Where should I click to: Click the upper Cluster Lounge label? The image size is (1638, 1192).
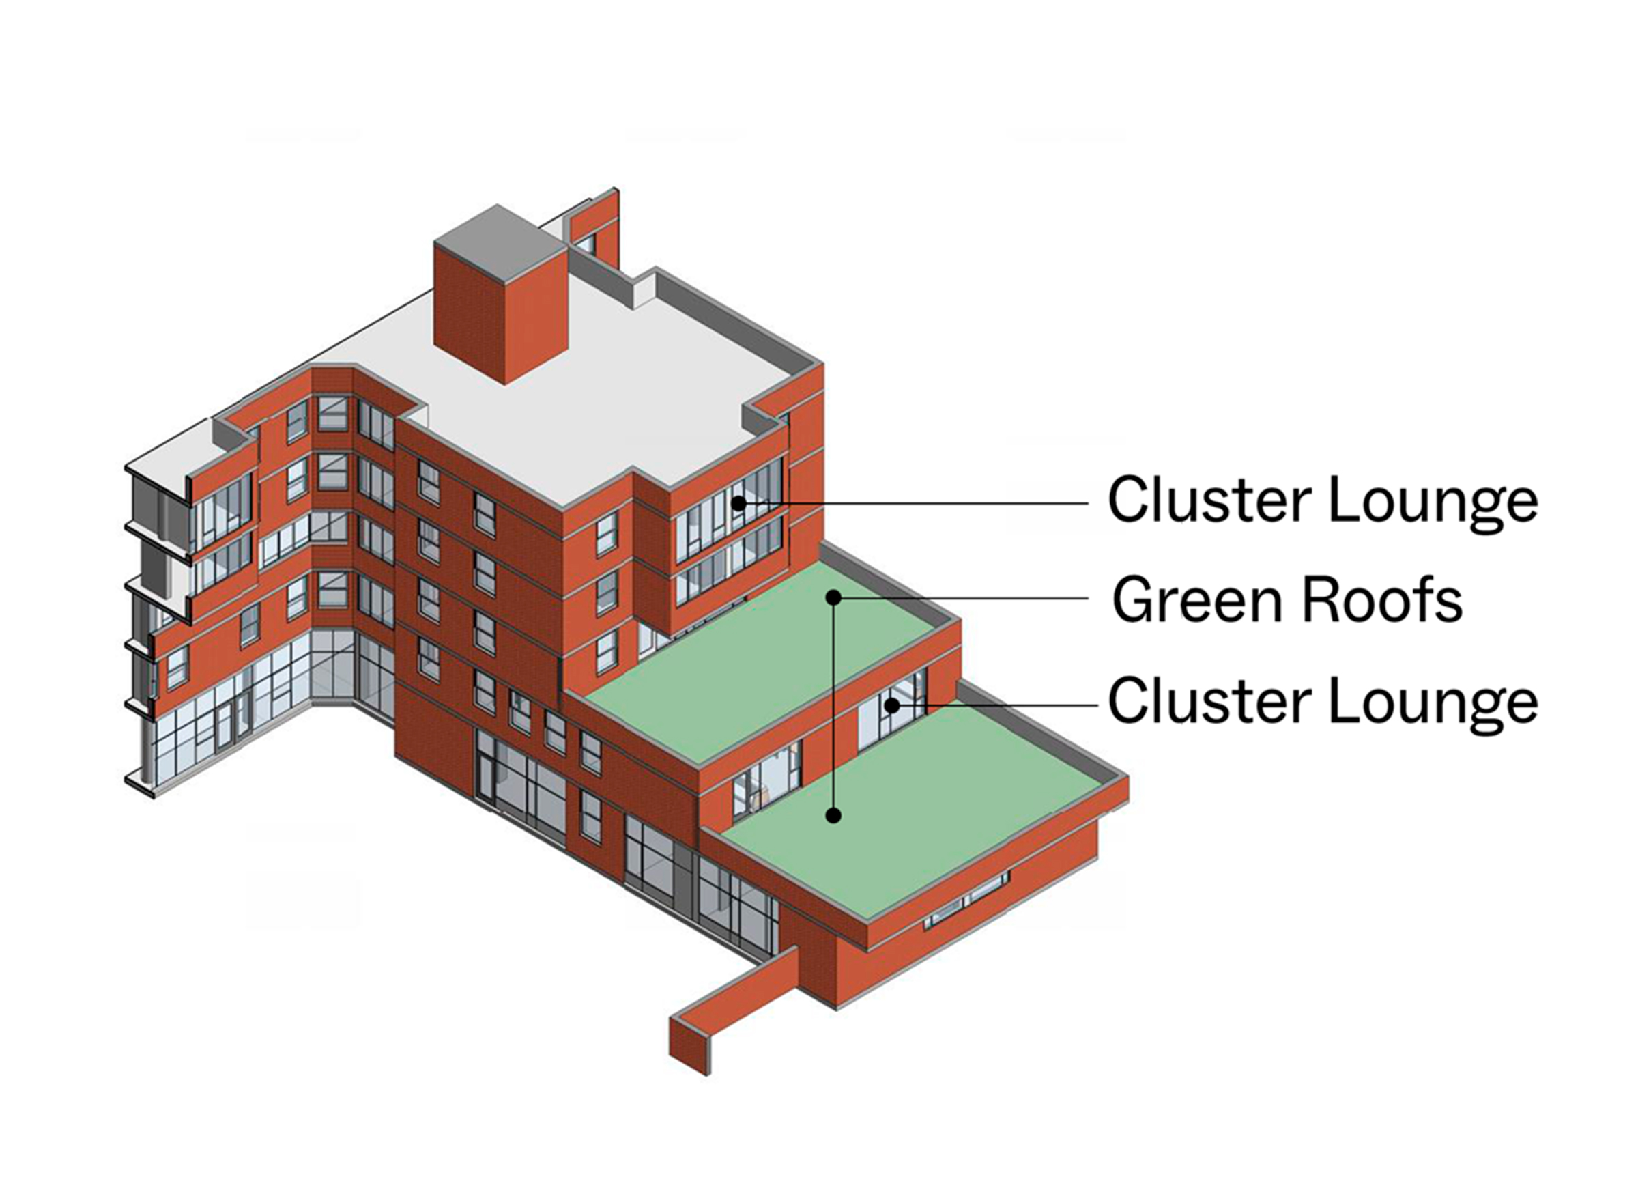point(1323,500)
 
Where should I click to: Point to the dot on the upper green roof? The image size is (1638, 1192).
point(833,597)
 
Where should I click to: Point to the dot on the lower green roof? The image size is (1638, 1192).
point(833,816)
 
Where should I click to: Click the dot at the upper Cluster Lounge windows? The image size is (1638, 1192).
point(737,502)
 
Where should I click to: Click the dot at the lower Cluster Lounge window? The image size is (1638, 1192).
point(893,705)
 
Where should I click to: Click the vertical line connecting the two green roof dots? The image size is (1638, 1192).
point(833,708)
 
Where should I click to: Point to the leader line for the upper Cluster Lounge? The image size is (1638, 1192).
point(917,502)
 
